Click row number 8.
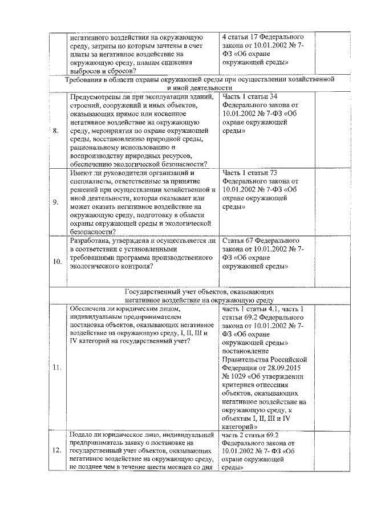(x=55, y=131)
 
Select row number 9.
(x=55, y=202)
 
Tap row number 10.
(x=57, y=262)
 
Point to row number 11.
(x=57, y=367)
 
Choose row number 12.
(x=57, y=450)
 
